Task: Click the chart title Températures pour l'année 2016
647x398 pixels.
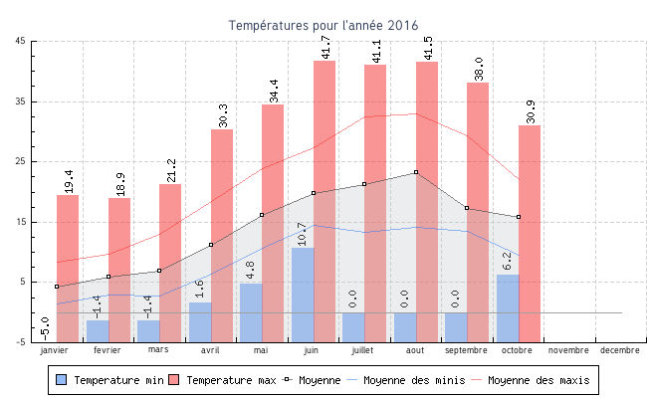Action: pyautogui.click(x=323, y=25)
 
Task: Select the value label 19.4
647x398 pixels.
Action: pyautogui.click(x=68, y=180)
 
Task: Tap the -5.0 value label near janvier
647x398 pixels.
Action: pyautogui.click(x=46, y=326)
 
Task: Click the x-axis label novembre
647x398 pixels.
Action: pyautogui.click(x=568, y=350)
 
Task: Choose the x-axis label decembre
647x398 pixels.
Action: pyautogui.click(x=620, y=350)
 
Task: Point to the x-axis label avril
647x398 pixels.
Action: pyautogui.click(x=210, y=350)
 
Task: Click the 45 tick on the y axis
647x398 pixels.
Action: pyautogui.click(x=21, y=41)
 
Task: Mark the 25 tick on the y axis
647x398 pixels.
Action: pyautogui.click(x=21, y=161)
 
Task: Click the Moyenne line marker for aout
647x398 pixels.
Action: pyautogui.click(x=416, y=172)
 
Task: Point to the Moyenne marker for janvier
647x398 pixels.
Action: pyautogui.click(x=57, y=287)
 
